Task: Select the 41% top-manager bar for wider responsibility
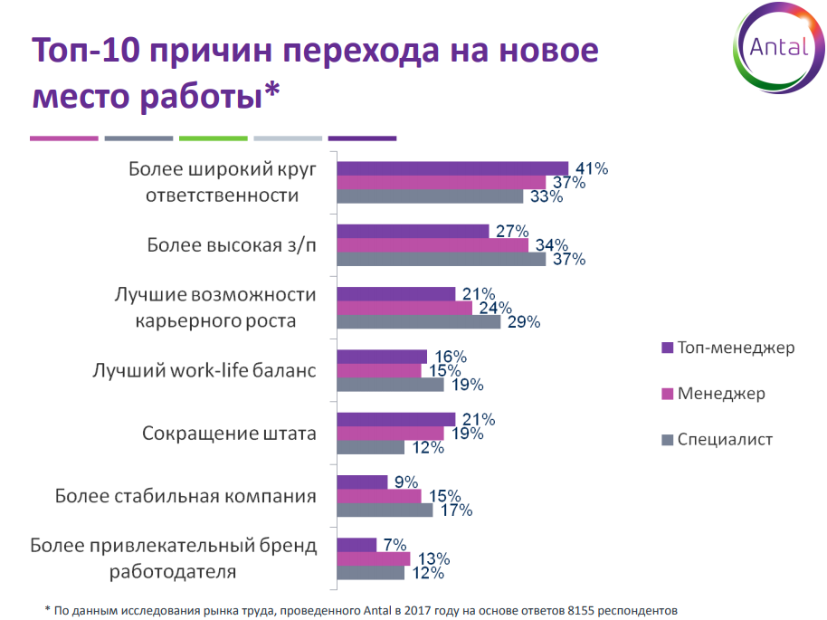tap(452, 168)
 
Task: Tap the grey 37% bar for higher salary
tap(441, 259)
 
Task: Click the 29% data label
tap(523, 321)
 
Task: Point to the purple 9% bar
tap(362, 482)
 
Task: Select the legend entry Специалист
tap(725, 440)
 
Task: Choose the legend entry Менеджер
tap(721, 394)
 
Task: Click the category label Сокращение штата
tap(229, 433)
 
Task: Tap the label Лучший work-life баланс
tap(204, 370)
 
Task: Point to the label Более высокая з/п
tap(232, 245)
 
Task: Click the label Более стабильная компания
tap(185, 496)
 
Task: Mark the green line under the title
tap(213, 138)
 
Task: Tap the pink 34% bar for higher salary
tap(432, 245)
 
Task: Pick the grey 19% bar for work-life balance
tap(390, 384)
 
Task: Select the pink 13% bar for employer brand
tap(373, 558)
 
